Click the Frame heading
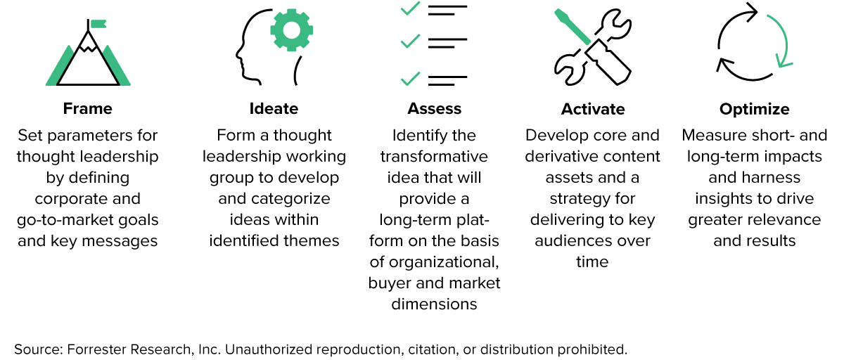click(x=87, y=109)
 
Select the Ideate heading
click(x=274, y=109)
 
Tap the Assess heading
click(x=434, y=109)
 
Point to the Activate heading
click(x=593, y=109)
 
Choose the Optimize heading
click(x=754, y=109)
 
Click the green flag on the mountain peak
click(x=98, y=24)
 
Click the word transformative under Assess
click(x=434, y=156)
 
